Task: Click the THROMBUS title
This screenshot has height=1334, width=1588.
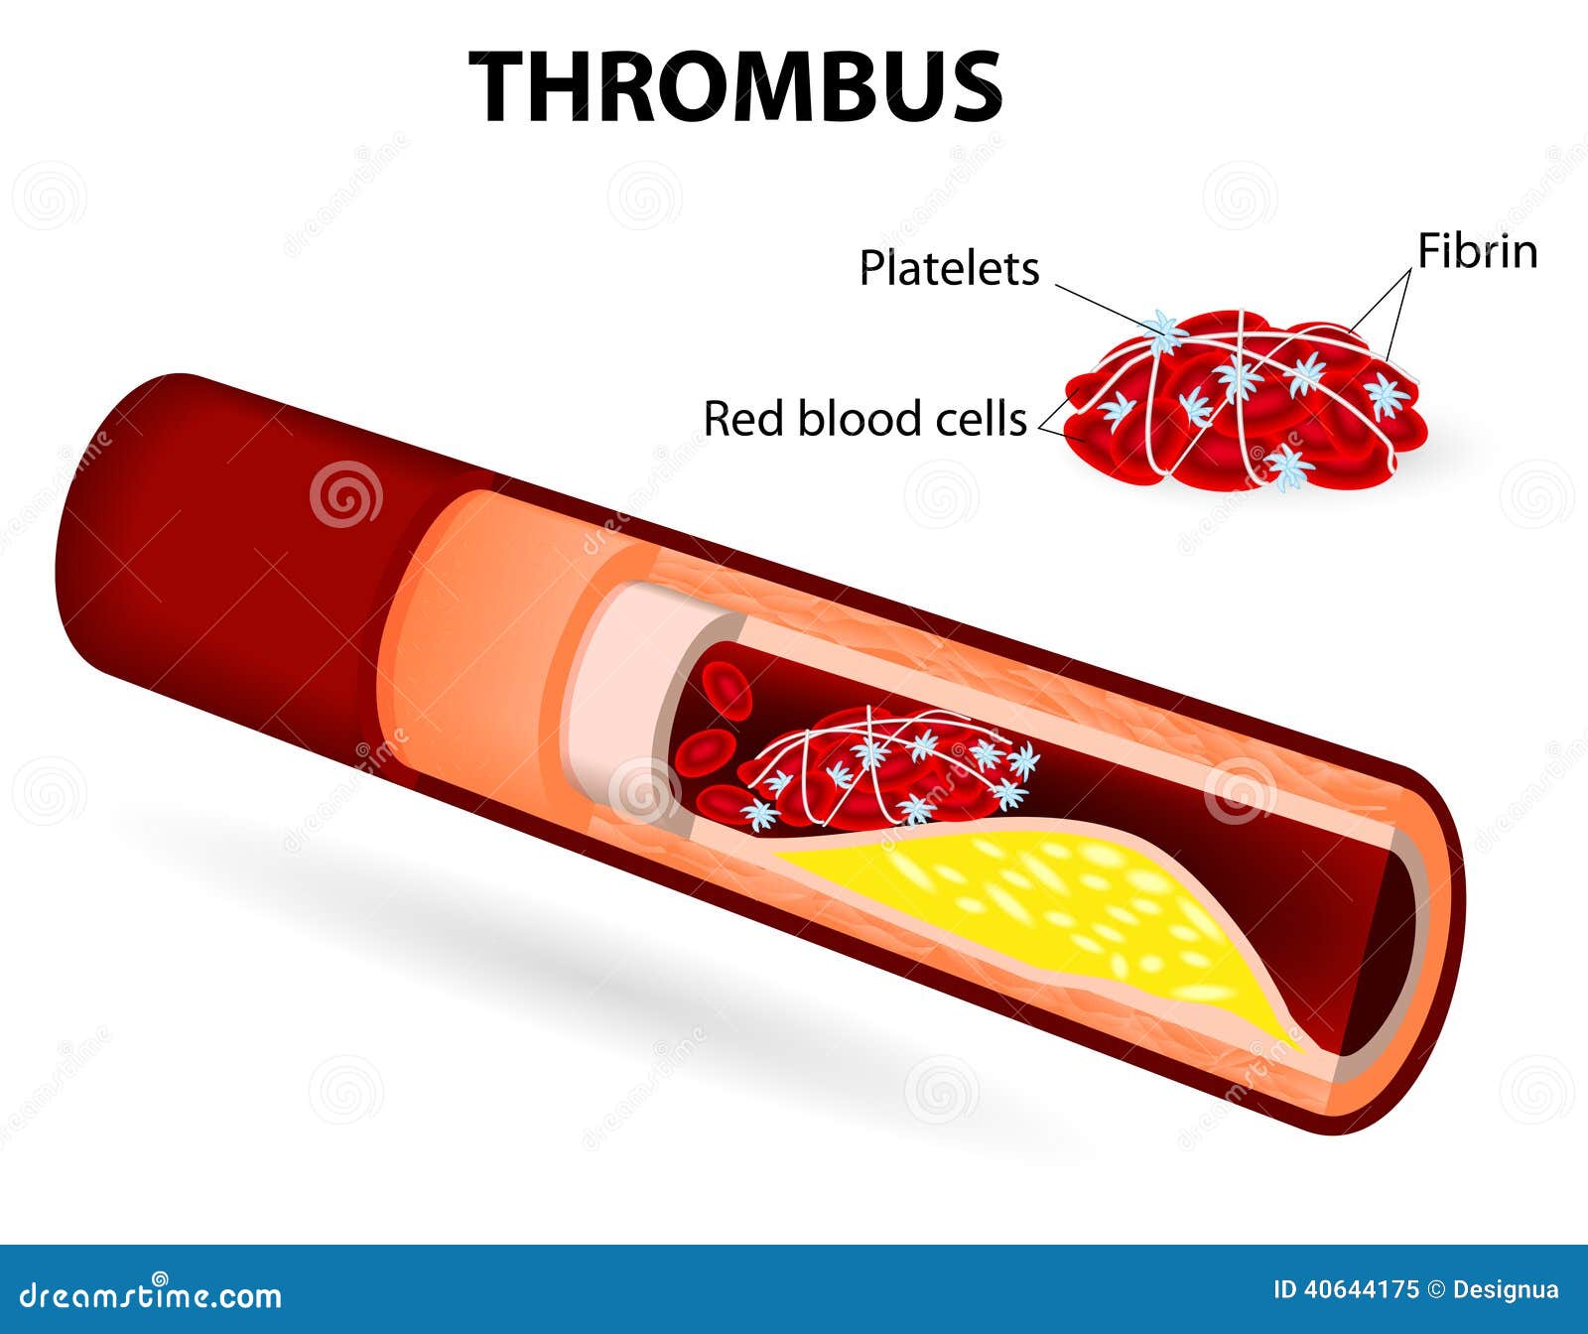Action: (734, 86)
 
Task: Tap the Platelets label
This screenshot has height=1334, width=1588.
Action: (949, 268)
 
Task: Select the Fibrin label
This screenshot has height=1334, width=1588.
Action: (1477, 251)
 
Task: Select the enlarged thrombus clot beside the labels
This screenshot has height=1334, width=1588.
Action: (1246, 402)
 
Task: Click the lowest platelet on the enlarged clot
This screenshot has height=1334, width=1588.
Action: (1289, 467)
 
